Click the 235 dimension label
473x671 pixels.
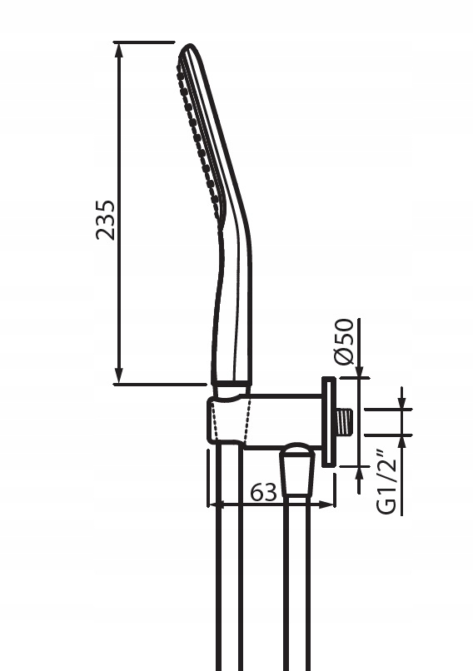pos(105,220)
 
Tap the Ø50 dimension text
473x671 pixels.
pos(345,341)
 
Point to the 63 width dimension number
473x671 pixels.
pos(264,493)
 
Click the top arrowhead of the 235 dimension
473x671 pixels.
pos(119,50)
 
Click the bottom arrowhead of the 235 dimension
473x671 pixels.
pos(119,375)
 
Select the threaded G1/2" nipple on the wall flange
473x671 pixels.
pos(344,422)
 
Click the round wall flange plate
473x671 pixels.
pos(328,421)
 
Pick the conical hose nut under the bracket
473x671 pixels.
pos(296,470)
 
